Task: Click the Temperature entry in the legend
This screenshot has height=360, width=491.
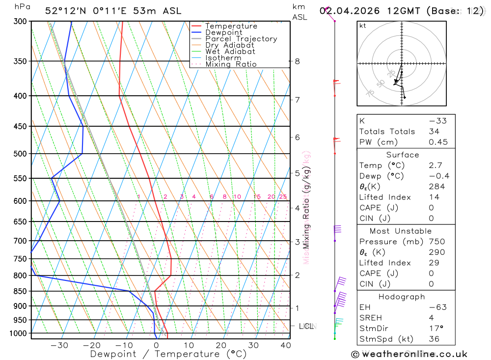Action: coord(231,26)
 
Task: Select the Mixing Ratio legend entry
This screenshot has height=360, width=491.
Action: coord(231,64)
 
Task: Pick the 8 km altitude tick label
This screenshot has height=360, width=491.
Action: coord(297,61)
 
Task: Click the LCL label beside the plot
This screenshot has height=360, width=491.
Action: coord(306,326)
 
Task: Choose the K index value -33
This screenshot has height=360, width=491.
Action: coord(435,121)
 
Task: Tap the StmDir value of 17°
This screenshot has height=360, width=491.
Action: coord(435,329)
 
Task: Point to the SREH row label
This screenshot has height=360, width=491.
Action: coord(370,318)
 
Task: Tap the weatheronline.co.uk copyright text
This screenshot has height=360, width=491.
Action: coord(409,354)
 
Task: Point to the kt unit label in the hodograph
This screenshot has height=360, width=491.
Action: coord(363,26)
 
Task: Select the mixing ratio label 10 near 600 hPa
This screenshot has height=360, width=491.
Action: coord(237,197)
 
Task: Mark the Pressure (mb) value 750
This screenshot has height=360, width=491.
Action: coord(436,242)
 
